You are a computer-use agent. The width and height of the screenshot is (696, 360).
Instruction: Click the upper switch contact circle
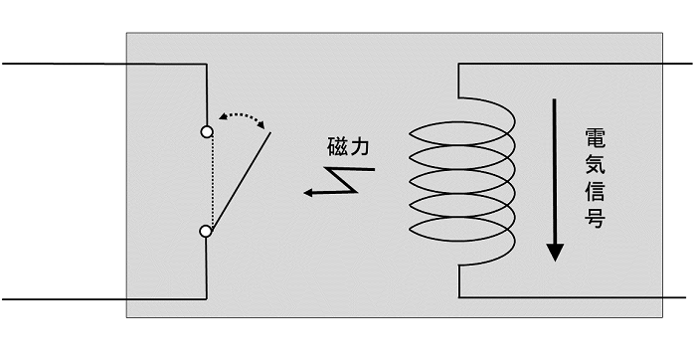tap(206, 131)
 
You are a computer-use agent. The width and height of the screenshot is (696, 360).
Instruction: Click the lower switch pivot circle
tap(206, 231)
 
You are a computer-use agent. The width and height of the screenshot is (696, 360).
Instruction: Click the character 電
tap(595, 139)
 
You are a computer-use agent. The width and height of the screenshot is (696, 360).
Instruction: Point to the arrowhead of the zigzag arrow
tap(310, 193)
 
